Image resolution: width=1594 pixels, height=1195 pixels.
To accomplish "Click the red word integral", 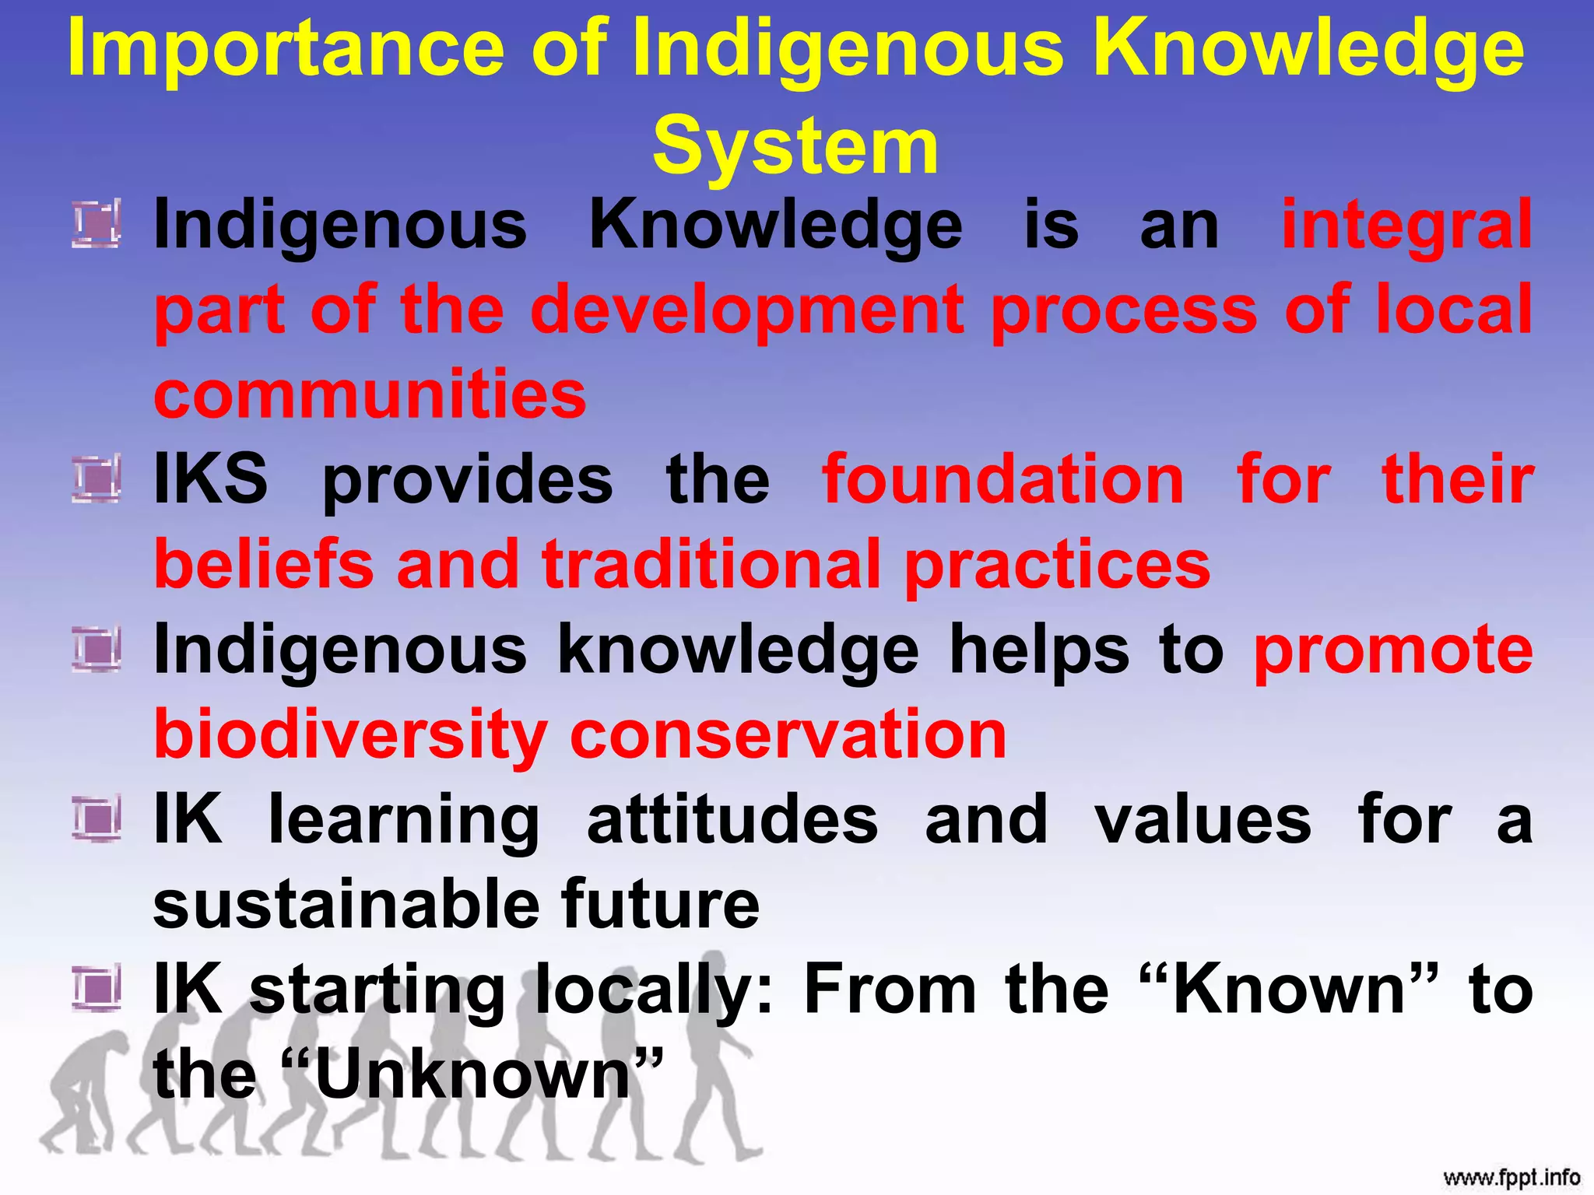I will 1406,225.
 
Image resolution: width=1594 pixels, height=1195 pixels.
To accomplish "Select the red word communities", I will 370,395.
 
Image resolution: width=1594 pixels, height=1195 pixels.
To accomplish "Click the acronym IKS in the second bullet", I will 211,478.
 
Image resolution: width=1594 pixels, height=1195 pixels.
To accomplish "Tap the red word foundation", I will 1003,480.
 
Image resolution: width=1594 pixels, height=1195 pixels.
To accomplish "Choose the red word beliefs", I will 264,564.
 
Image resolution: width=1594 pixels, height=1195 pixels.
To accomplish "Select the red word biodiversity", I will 351,735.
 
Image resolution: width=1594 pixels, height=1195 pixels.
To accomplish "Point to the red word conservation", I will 788,735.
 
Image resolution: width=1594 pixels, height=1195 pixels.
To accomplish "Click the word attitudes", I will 732,820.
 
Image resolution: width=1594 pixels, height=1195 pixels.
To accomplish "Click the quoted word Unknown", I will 473,1074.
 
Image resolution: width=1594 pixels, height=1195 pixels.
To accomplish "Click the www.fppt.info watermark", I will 1511,1177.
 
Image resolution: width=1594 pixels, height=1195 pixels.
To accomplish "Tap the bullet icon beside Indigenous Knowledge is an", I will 97,224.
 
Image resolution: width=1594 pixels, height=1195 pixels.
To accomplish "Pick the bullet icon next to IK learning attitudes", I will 97,819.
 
